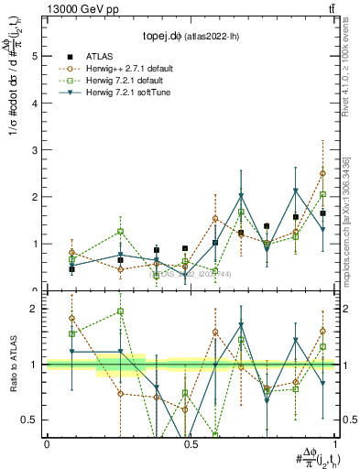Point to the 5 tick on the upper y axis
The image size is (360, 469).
36,56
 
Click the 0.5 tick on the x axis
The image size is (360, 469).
190,443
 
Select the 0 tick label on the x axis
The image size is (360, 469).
47,443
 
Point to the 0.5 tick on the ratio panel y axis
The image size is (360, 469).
30,420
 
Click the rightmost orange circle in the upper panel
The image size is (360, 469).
322,173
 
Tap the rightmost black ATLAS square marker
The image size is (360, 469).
322,213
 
